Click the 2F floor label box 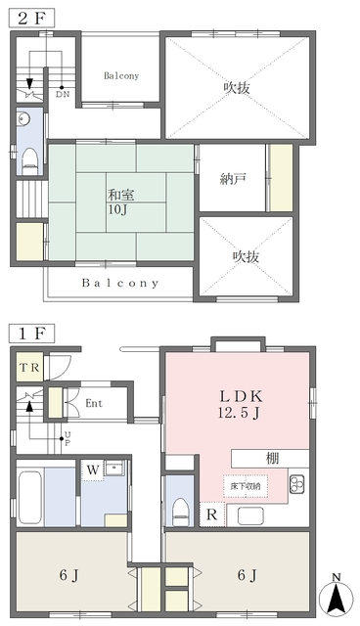click(32, 18)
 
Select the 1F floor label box click(32, 334)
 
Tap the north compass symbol click(337, 596)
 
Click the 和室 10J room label click(121, 202)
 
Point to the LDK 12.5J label click(241, 404)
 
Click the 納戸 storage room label click(232, 178)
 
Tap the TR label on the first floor click(30, 367)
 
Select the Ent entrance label click(94, 403)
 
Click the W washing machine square click(93, 469)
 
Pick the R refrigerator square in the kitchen click(212, 514)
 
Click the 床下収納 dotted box click(246, 486)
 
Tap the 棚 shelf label click(273, 459)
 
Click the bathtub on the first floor click(30, 497)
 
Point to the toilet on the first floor click(179, 512)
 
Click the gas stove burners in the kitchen click(297, 484)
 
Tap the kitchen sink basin click(250, 515)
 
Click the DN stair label click(63, 95)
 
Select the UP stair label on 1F click(67, 438)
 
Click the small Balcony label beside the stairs click(121, 75)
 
